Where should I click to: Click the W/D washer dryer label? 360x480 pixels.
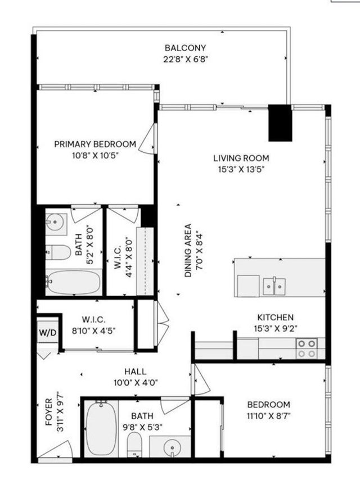click(x=48, y=332)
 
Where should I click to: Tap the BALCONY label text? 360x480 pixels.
click(x=177, y=48)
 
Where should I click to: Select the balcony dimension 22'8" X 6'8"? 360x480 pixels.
click(x=177, y=59)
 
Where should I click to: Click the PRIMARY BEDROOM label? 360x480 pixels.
click(x=94, y=144)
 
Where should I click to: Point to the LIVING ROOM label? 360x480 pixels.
click(x=241, y=158)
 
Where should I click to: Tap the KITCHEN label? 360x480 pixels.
click(x=275, y=318)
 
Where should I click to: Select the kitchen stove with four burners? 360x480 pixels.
click(x=307, y=348)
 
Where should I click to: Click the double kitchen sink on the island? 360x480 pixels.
click(x=274, y=286)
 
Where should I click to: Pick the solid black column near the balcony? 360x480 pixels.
click(x=280, y=123)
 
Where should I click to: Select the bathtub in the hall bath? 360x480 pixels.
click(x=101, y=428)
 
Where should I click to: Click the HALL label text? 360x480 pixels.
click(x=136, y=372)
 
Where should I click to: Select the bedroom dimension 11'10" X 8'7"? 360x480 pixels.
click(x=268, y=416)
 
